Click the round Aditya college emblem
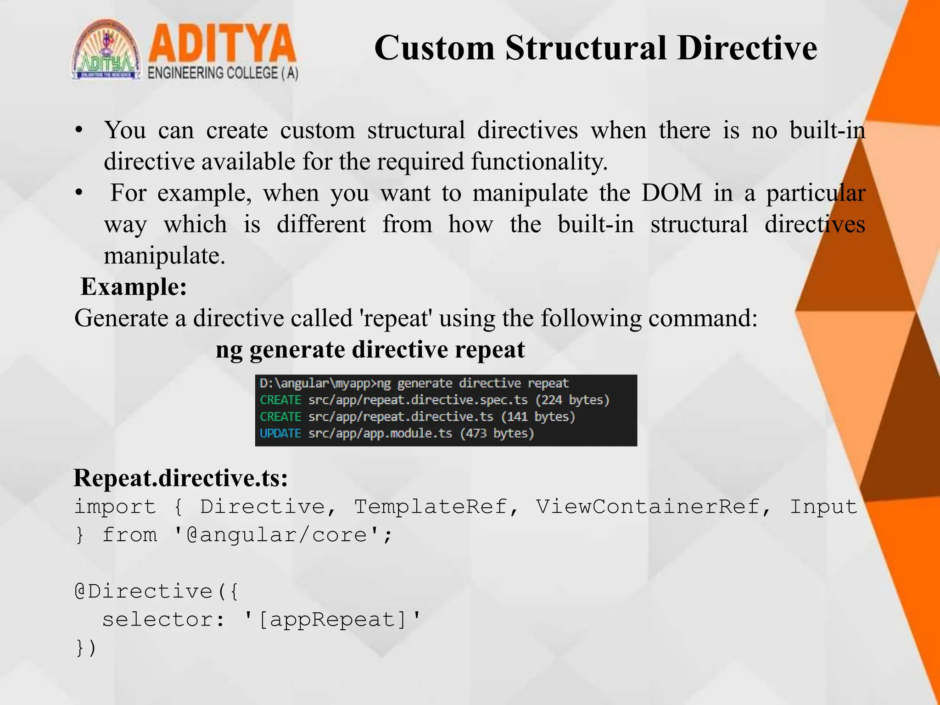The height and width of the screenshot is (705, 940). [106, 50]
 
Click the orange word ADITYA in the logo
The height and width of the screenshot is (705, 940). [222, 44]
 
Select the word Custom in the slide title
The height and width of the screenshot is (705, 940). [434, 48]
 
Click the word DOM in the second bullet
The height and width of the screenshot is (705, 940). [671, 193]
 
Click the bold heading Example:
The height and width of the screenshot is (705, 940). [134, 287]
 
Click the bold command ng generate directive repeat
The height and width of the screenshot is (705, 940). [370, 350]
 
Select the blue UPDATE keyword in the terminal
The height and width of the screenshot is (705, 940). [280, 433]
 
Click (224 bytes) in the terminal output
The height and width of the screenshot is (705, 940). [572, 400]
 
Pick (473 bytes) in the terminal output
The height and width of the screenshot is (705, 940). [497, 433]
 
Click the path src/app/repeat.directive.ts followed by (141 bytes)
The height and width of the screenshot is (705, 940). [400, 417]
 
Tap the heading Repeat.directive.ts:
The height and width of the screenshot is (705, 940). [181, 478]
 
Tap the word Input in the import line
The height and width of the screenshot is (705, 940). [823, 507]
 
